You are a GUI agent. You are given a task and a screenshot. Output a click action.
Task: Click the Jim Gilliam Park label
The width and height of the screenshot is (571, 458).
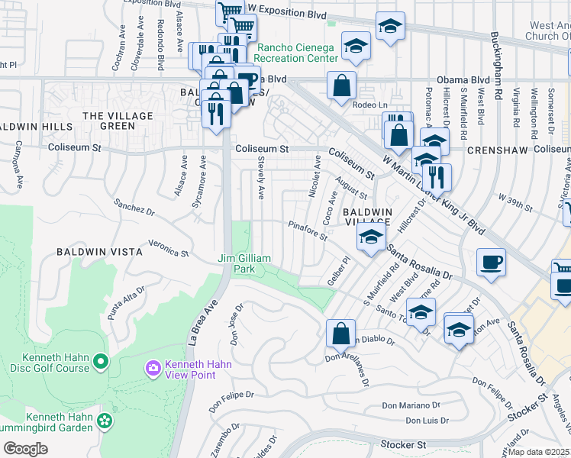point(244,264)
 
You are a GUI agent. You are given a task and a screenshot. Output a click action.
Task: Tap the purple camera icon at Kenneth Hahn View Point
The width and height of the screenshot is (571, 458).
point(153,369)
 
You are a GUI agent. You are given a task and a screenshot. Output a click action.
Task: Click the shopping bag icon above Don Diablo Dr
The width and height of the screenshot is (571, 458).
point(340,334)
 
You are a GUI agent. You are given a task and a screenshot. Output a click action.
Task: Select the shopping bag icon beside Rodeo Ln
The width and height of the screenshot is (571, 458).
point(342,85)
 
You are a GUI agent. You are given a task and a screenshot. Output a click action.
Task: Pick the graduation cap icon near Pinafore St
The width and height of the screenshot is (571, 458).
point(371,237)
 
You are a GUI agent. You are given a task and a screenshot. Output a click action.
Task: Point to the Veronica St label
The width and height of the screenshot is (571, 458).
point(168,247)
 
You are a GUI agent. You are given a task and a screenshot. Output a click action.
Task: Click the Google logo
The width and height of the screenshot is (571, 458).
point(25,449)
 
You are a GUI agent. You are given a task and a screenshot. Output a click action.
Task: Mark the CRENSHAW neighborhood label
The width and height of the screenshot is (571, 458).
point(497,150)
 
